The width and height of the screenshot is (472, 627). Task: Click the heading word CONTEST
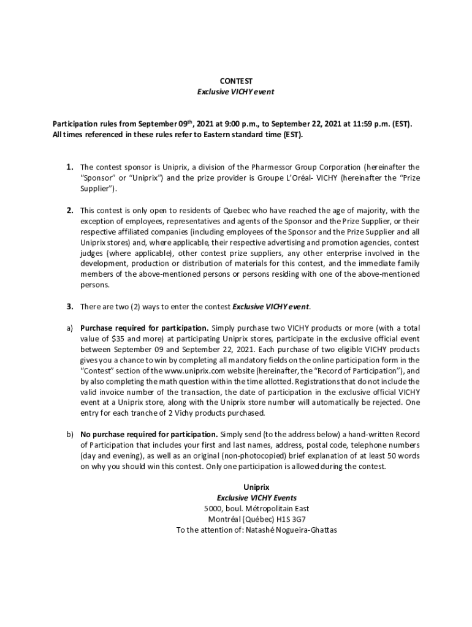point(235,81)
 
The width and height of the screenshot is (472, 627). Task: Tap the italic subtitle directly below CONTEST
point(235,92)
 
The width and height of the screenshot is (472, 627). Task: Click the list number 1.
point(70,167)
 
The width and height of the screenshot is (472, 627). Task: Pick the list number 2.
point(70,211)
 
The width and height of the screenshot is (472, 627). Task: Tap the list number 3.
point(70,306)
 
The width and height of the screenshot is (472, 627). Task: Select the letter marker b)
point(70,434)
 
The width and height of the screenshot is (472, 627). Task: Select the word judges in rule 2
point(93,253)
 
